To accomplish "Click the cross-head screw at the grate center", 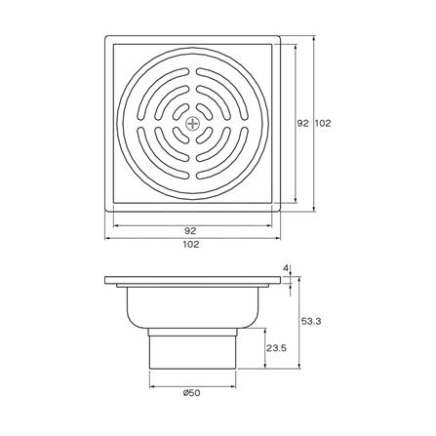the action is (193, 123).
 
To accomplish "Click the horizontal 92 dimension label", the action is (190, 231).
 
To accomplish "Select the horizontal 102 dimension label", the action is (191, 244).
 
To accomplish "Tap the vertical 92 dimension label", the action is (302, 123).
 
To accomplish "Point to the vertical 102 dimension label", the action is (323, 123).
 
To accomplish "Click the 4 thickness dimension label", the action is (286, 268).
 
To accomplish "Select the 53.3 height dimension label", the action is (311, 322).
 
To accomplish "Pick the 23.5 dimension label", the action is (276, 348).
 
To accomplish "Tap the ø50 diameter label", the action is (191, 393).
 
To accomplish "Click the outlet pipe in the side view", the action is (192, 348).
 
